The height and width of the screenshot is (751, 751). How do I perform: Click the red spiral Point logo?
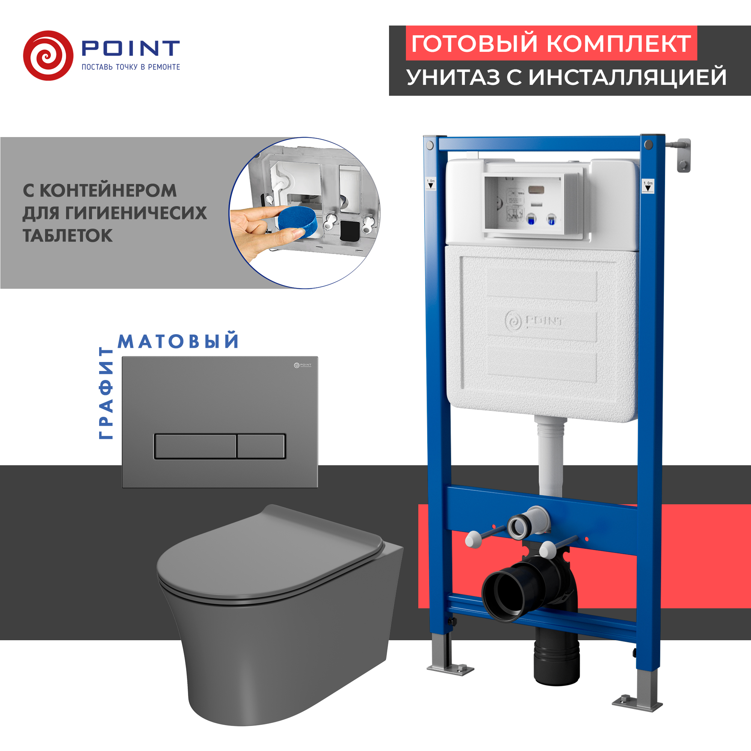pos(48,56)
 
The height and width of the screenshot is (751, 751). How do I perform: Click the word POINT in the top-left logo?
pos(130,48)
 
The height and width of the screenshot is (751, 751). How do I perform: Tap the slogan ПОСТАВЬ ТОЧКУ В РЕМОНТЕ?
pos(131,67)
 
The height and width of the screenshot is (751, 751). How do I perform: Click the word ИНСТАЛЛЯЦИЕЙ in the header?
pos(627,77)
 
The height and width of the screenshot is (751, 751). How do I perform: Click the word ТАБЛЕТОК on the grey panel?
pos(68,235)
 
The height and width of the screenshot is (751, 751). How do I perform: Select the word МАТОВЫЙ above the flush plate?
pos(178,341)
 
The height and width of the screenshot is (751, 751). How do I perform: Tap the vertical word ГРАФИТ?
pos(106,393)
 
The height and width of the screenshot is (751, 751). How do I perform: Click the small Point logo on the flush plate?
pos(302,365)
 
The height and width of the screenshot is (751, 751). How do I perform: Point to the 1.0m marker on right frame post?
pos(648,186)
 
